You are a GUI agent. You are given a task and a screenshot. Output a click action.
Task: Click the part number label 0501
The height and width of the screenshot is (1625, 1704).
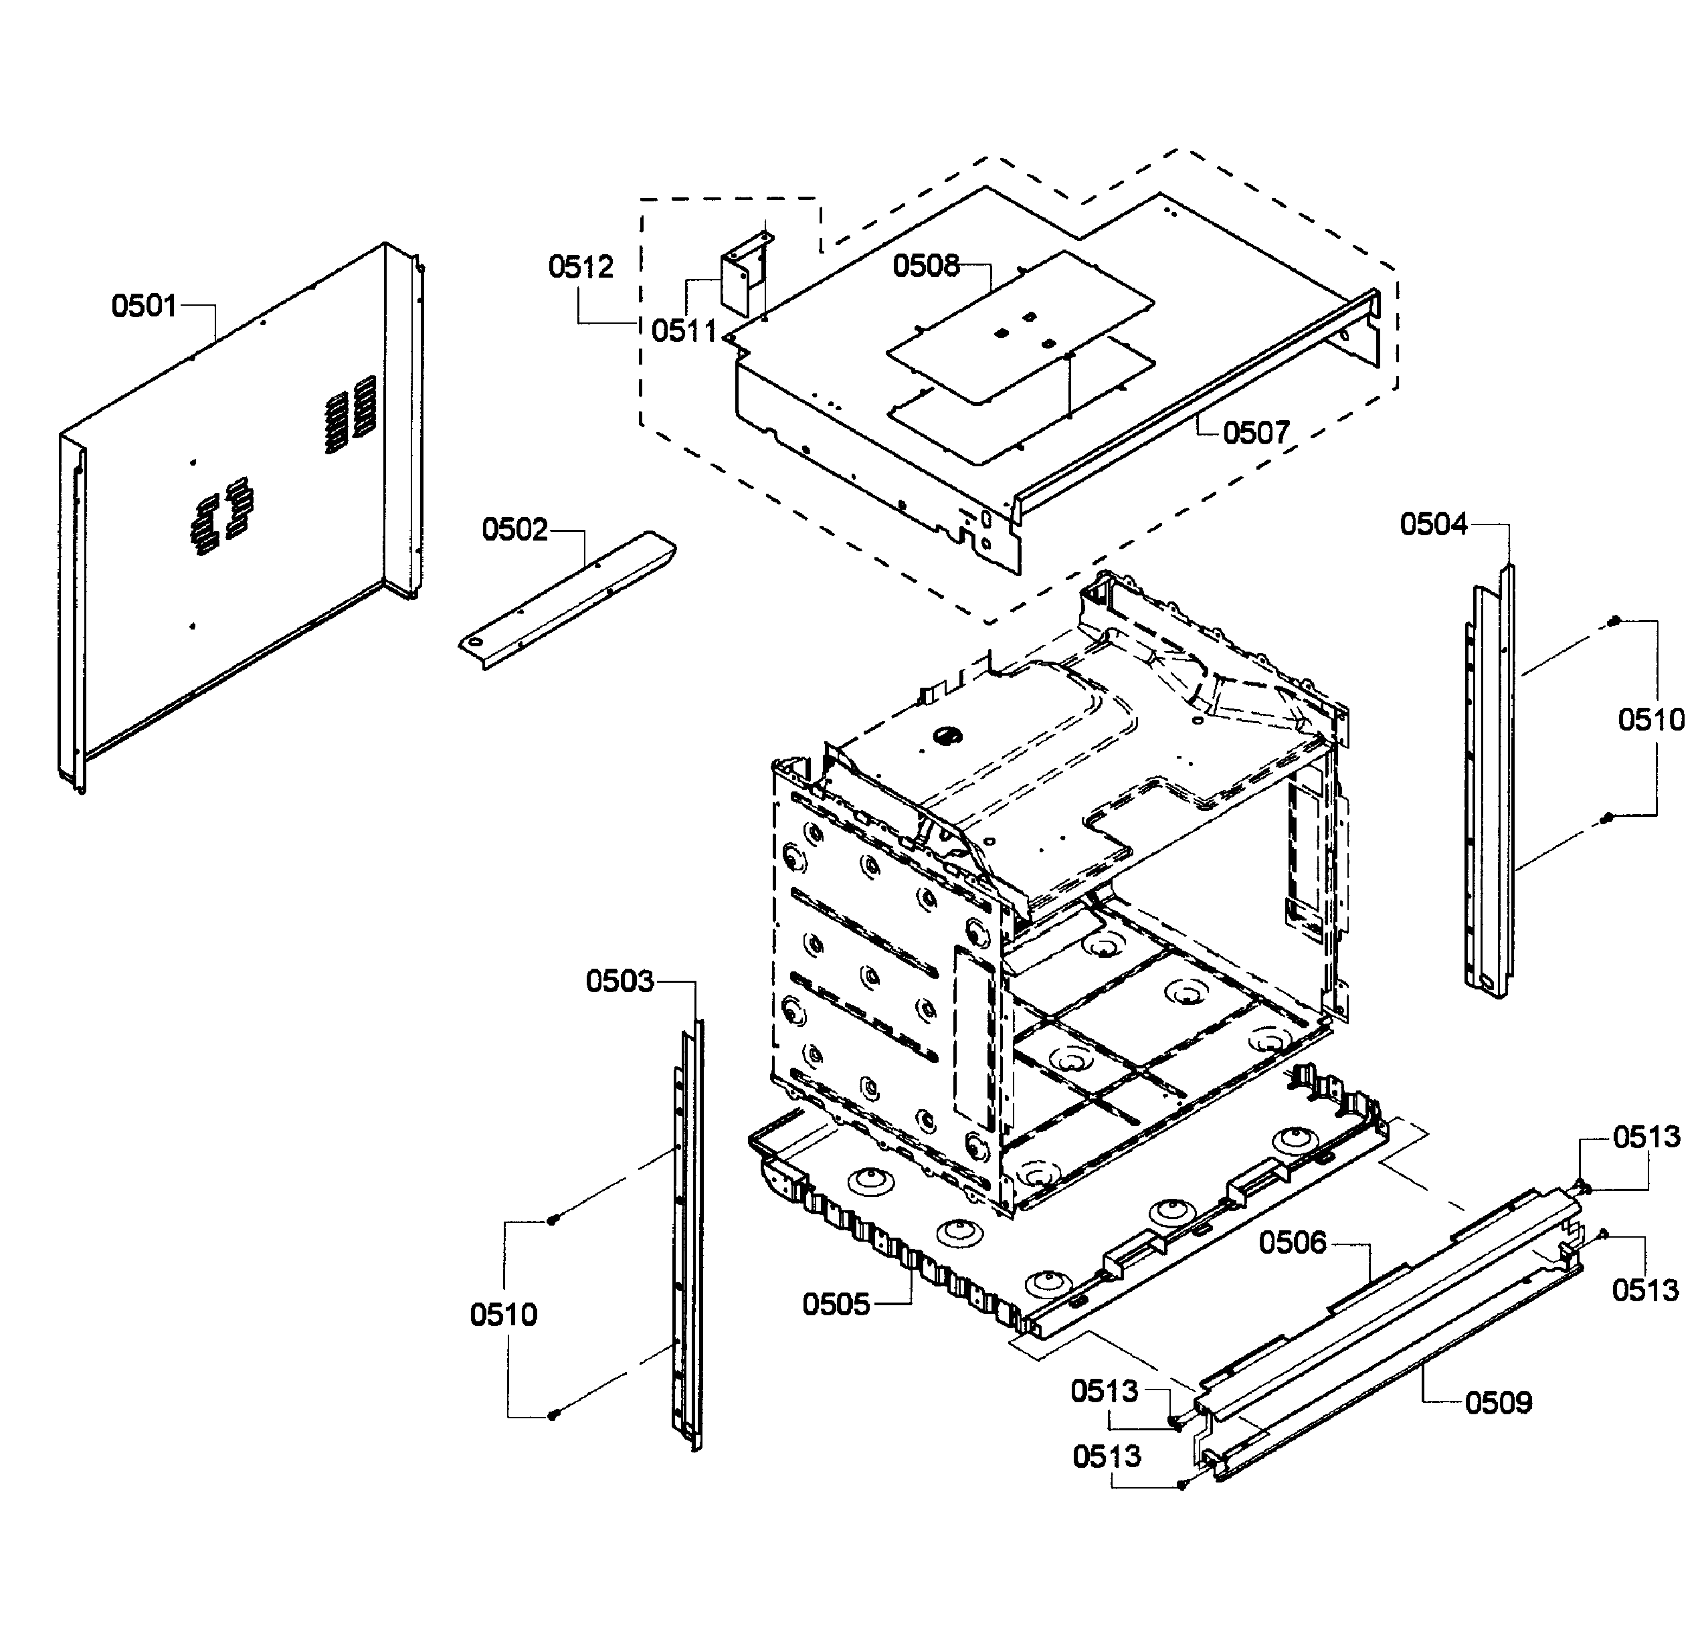[144, 306]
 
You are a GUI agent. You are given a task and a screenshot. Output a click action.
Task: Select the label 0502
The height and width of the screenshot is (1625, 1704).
[514, 529]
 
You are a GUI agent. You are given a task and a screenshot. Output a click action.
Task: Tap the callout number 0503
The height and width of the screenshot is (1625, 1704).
[620, 981]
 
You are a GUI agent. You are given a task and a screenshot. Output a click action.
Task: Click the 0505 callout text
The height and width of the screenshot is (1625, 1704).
[835, 1305]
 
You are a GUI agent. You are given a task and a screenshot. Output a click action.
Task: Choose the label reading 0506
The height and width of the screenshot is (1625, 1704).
[1293, 1243]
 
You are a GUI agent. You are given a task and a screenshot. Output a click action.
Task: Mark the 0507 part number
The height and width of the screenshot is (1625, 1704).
[1256, 432]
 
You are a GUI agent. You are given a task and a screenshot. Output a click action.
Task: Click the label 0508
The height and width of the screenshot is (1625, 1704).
[926, 266]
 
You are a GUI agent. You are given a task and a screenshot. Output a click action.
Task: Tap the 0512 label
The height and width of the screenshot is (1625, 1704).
[581, 267]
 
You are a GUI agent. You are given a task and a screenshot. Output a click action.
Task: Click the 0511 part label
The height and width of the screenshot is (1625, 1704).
[684, 331]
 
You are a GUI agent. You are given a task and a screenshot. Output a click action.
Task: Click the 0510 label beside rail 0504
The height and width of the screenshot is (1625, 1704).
[1651, 720]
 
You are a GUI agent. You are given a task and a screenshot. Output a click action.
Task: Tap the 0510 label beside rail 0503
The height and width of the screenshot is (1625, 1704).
[503, 1315]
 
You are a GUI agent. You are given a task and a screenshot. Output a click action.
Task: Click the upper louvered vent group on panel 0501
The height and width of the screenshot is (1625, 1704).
[351, 413]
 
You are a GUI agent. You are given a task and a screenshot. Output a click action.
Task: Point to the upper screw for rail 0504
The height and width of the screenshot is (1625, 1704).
[1614, 620]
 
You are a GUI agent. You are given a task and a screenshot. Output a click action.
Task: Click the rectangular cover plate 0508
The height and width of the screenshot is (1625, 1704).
[1020, 327]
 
